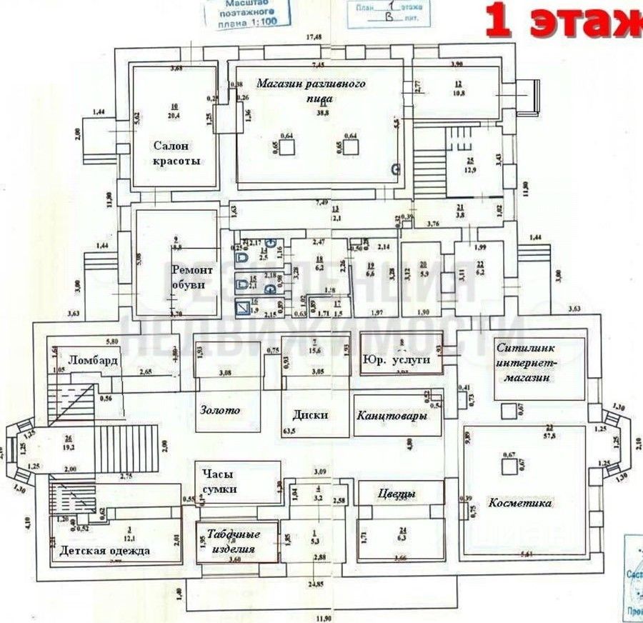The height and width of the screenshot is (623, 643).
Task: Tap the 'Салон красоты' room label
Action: (x=176, y=153)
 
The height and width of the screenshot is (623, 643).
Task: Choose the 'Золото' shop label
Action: (x=219, y=410)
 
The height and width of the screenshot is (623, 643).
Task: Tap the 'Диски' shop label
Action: (x=310, y=414)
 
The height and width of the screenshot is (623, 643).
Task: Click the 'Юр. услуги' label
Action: (x=397, y=359)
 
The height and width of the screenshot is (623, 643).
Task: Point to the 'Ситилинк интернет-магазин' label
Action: (x=524, y=362)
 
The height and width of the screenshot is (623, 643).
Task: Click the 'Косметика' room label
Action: (x=520, y=503)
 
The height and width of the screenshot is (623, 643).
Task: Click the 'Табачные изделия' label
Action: (x=234, y=540)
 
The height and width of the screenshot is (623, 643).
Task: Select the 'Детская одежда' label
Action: (x=104, y=551)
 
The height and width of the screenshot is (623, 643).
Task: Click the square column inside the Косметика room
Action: (x=509, y=465)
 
